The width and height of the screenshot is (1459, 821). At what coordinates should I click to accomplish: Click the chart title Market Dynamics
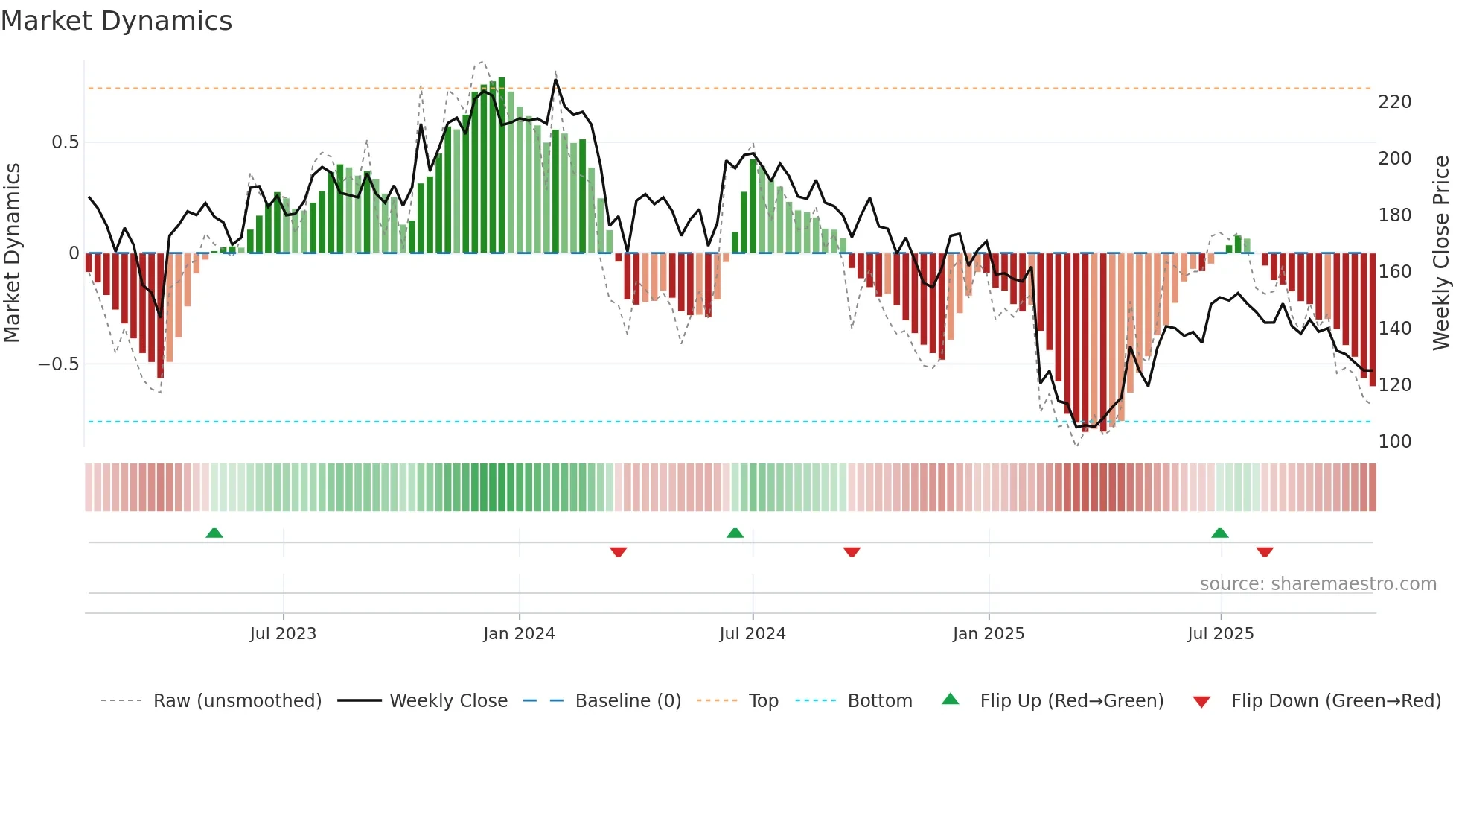pyautogui.click(x=116, y=21)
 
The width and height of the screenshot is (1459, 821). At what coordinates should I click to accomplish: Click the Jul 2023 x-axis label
pyautogui.click(x=283, y=634)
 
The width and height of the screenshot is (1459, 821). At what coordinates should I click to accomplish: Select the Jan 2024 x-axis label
pyautogui.click(x=519, y=634)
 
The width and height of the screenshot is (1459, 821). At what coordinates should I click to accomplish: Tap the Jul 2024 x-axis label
pyautogui.click(x=753, y=634)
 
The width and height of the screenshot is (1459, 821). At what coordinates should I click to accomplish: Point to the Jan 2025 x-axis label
pyautogui.click(x=989, y=634)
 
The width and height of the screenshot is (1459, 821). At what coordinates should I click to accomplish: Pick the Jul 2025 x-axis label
pyautogui.click(x=1221, y=634)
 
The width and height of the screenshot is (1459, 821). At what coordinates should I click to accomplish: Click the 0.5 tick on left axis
pyautogui.click(x=65, y=142)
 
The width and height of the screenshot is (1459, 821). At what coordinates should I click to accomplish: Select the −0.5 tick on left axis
pyautogui.click(x=58, y=364)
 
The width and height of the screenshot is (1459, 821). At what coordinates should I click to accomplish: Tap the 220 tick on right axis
pyautogui.click(x=1395, y=102)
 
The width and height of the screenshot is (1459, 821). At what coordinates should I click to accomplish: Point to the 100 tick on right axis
pyautogui.click(x=1395, y=442)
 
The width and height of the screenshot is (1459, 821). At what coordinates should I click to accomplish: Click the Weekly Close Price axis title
pyautogui.click(x=1442, y=253)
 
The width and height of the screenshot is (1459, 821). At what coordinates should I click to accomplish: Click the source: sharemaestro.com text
pyautogui.click(x=1318, y=584)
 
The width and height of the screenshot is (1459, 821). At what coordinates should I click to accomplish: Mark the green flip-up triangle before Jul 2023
pyautogui.click(x=214, y=533)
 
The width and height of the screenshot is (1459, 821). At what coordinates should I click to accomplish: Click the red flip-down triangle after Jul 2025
pyautogui.click(x=1265, y=552)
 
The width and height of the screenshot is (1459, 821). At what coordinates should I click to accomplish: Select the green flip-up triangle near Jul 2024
pyautogui.click(x=735, y=533)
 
